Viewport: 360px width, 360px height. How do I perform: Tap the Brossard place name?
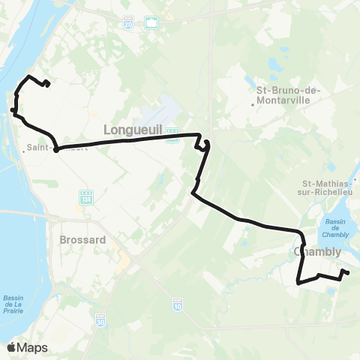point(80,241)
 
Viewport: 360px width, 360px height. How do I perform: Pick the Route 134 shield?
point(85,196)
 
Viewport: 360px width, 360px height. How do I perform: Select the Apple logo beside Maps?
point(12,347)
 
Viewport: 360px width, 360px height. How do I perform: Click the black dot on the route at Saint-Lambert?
point(56,148)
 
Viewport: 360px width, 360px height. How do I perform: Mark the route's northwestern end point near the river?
point(48,84)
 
